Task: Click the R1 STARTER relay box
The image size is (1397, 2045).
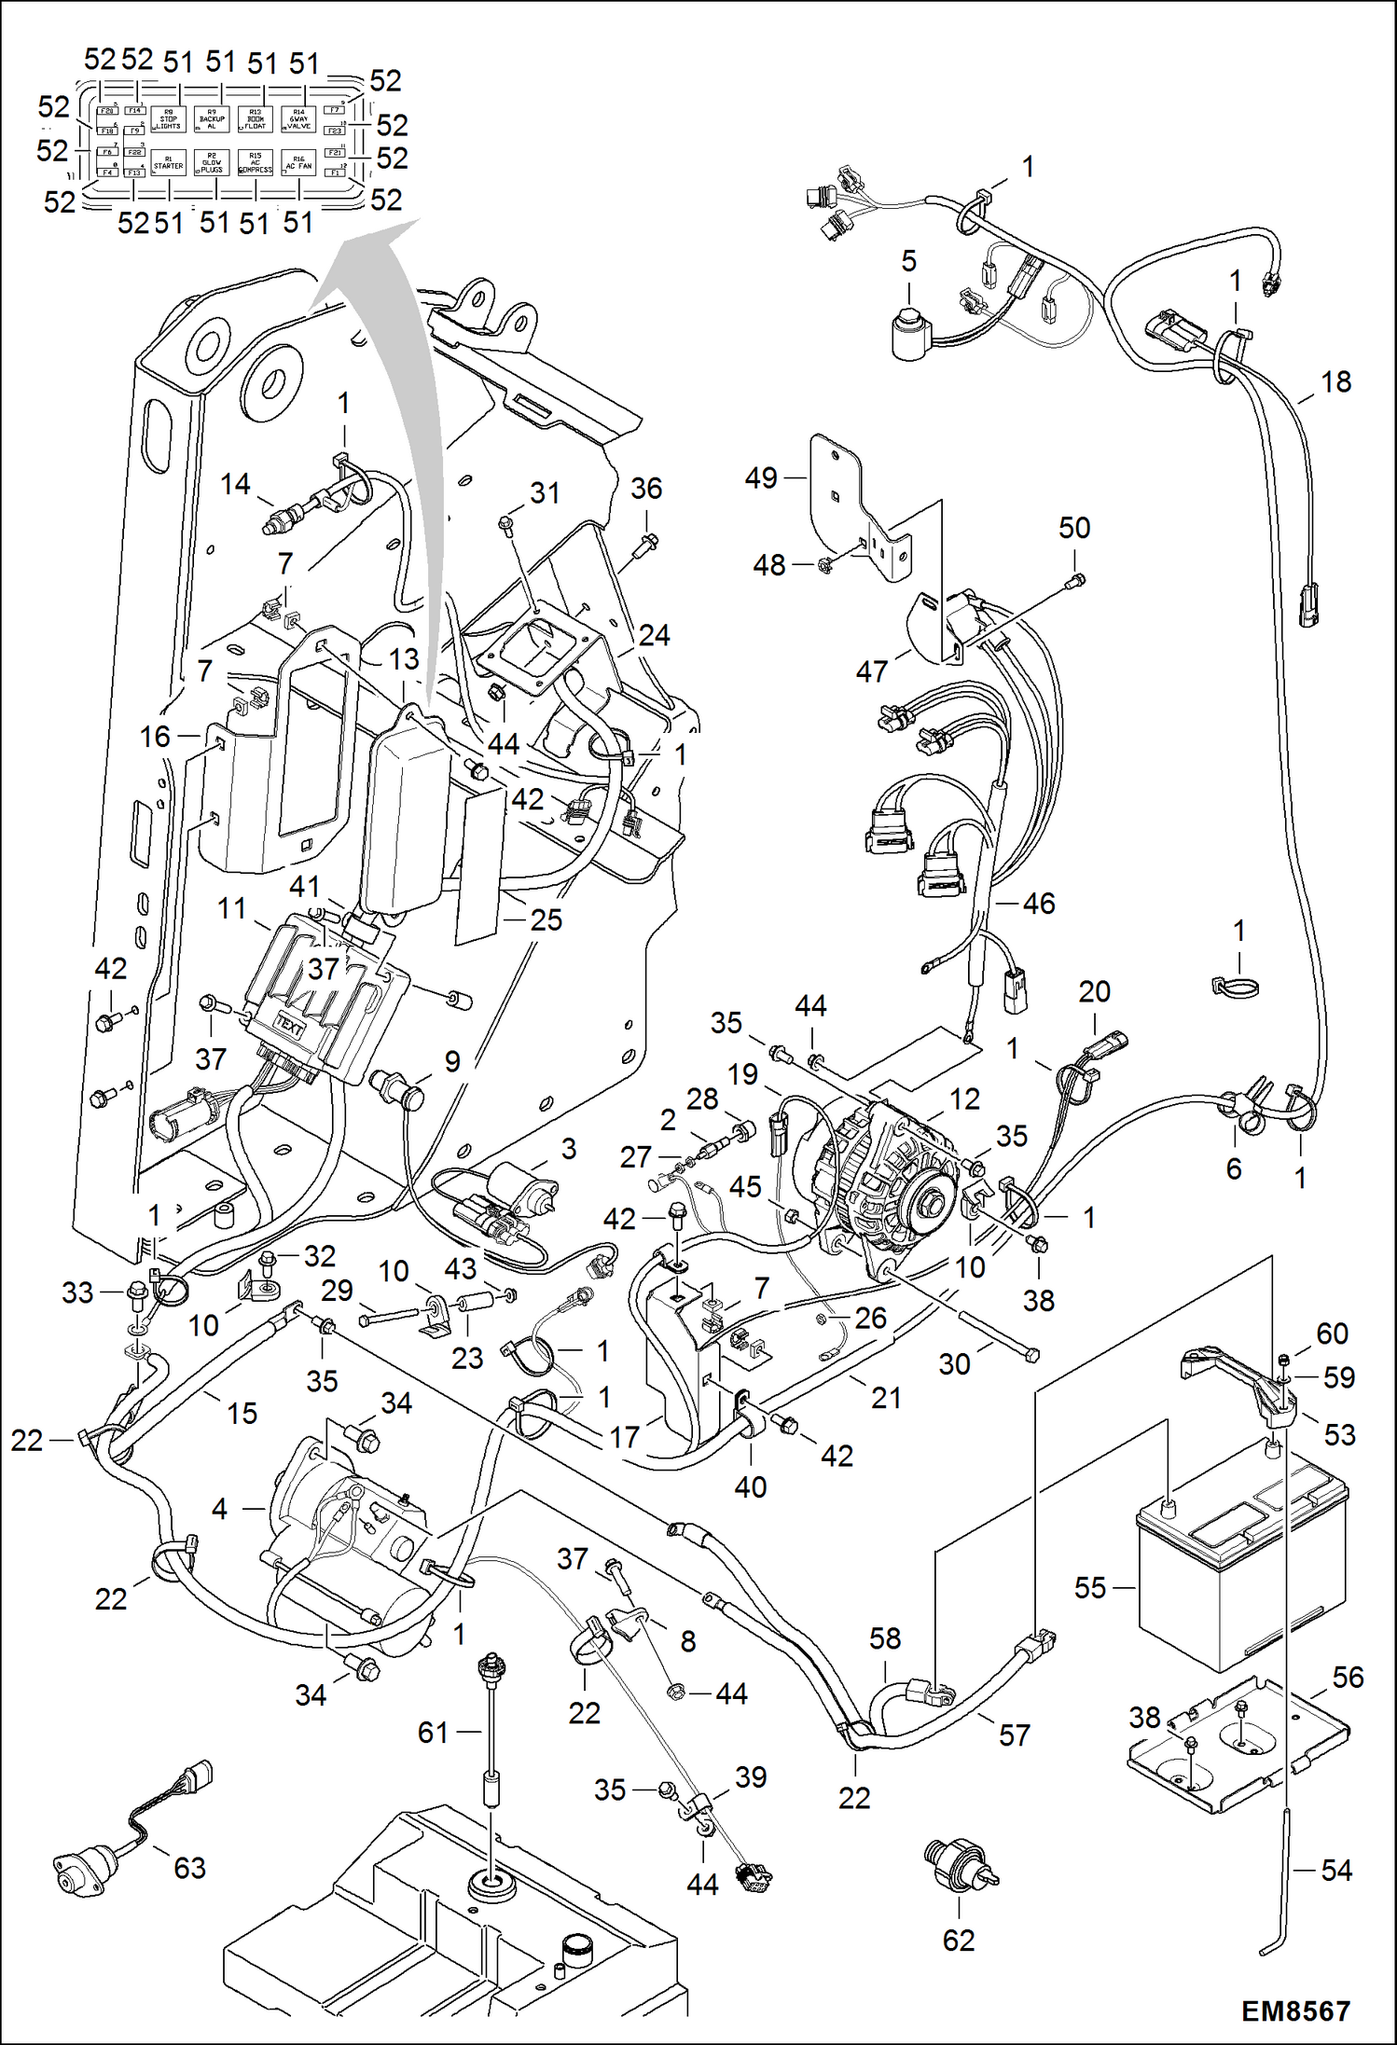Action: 169,164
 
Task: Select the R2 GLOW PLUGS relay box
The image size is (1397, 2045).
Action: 212,164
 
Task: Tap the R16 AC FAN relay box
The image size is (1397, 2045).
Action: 298,164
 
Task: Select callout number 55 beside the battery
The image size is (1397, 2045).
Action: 1089,1588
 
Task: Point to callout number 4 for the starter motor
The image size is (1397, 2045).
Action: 219,1508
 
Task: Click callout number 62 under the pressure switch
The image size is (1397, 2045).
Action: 959,1941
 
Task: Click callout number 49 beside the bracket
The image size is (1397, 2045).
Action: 761,478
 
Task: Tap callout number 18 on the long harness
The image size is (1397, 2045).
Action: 1336,381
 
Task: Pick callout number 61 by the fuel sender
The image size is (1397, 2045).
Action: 433,1733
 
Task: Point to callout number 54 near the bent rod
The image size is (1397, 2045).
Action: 1336,1870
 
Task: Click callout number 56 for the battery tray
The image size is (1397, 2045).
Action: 1348,1678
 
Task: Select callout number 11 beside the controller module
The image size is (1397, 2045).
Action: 232,908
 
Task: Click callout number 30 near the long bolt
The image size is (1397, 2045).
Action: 954,1364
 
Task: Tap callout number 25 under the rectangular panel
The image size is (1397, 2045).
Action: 546,920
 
